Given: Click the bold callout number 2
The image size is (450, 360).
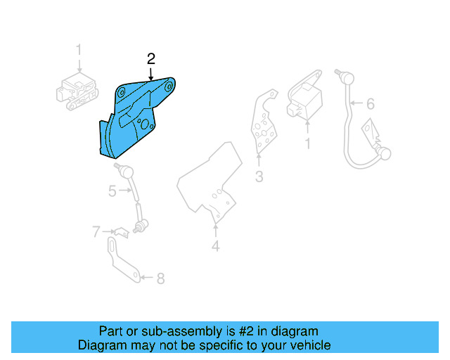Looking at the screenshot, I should (x=150, y=58).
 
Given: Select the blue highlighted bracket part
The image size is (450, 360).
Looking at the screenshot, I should (x=127, y=120).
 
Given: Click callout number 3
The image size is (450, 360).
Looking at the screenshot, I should (x=259, y=176).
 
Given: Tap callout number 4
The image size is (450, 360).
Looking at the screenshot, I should (x=216, y=246).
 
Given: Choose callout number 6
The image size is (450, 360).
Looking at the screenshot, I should (x=370, y=104).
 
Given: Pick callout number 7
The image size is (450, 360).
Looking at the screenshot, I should (x=96, y=231).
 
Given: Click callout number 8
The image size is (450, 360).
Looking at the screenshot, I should (x=160, y=278).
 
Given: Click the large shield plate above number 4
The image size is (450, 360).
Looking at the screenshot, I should (x=211, y=183).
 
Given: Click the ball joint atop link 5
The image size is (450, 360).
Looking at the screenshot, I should (x=124, y=170).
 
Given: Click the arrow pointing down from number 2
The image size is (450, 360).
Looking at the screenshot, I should (x=150, y=73).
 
